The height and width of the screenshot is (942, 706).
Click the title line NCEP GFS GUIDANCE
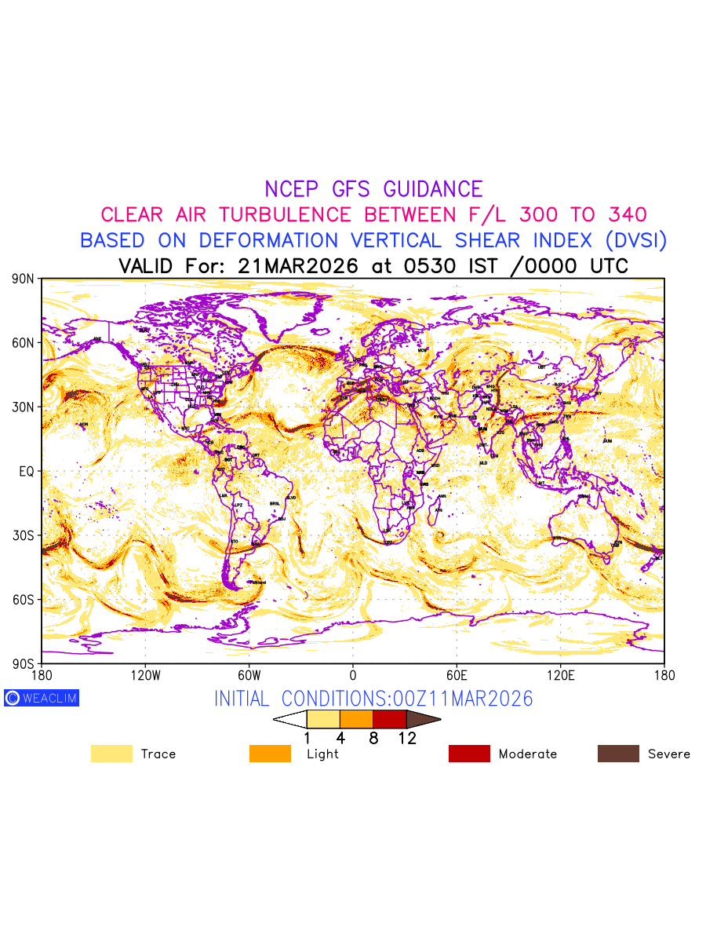click(x=373, y=189)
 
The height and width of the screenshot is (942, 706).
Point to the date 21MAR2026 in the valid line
click(x=297, y=266)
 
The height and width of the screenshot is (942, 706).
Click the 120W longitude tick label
click(x=145, y=675)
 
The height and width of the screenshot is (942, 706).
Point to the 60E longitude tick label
click(x=457, y=675)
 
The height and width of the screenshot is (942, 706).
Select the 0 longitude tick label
click(x=353, y=675)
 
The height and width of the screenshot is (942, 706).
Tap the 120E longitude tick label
click(x=561, y=675)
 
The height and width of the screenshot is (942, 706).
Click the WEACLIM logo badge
click(x=42, y=698)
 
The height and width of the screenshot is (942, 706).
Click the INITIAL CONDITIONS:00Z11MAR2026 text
click(x=373, y=699)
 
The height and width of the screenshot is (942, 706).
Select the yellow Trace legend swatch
click(x=111, y=754)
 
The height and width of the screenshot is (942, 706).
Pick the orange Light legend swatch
click(x=270, y=754)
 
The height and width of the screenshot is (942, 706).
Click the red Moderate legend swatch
click(x=469, y=754)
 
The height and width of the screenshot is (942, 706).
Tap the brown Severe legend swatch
click(x=618, y=754)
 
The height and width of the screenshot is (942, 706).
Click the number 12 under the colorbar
click(x=407, y=738)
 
